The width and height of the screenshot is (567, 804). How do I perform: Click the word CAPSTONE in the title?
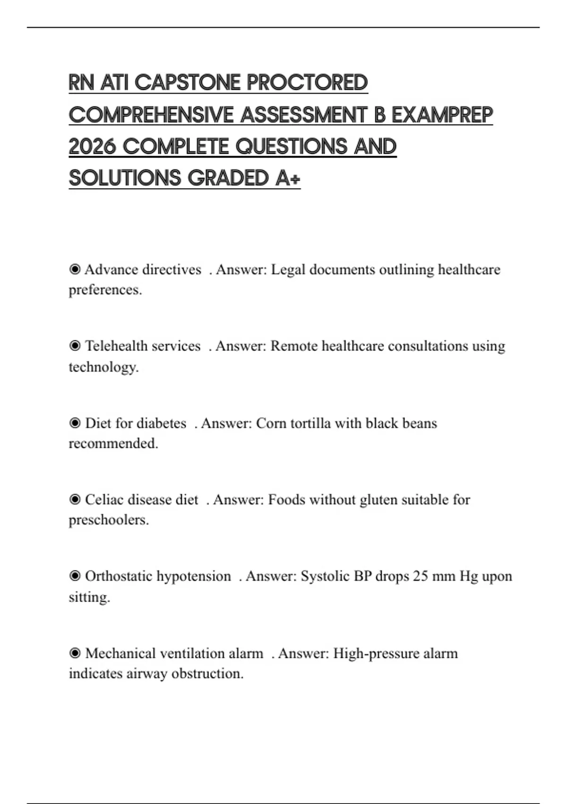coord(188,83)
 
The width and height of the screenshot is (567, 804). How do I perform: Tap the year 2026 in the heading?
coord(92,147)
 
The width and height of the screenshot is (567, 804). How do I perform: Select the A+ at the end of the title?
coord(287,179)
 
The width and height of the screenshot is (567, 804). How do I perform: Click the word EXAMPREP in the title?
coord(442,115)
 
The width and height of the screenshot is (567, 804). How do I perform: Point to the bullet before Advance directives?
coord(75,270)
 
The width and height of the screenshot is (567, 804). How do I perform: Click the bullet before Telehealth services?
coord(75,346)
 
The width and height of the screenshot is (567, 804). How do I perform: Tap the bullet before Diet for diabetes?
coord(75,423)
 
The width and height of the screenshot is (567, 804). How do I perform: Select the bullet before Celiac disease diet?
coord(75,499)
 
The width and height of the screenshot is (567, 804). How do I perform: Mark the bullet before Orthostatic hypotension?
coord(75,576)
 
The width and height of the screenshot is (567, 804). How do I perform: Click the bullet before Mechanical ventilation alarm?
coord(75,653)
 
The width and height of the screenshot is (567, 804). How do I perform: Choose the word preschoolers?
coord(108,520)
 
